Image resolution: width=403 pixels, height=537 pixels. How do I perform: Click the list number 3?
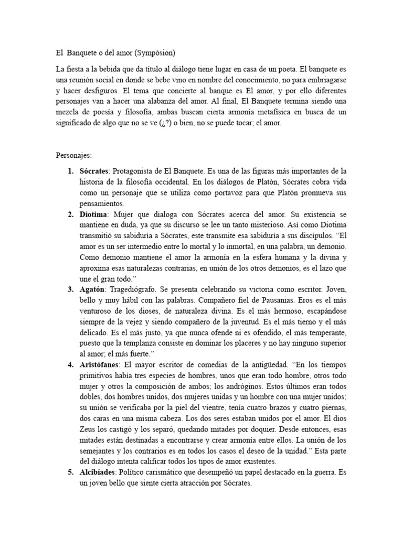(69, 289)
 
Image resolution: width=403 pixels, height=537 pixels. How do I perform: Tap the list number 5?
(69, 471)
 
